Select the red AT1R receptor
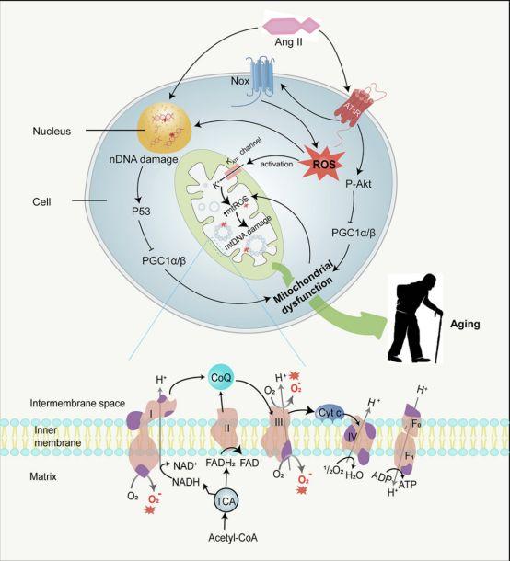[x=361, y=109]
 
